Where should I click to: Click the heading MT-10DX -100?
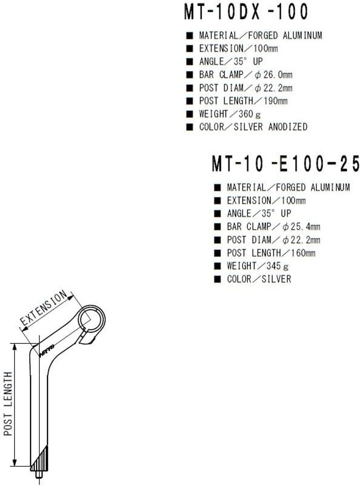coord(246,12)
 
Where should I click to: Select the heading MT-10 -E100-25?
coord(286,164)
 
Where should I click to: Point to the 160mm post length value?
coord(303,253)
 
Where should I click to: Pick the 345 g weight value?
coord(277,266)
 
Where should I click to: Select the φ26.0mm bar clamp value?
coord(273,75)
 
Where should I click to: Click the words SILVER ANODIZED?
coord(270,127)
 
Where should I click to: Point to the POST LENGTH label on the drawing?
coord(8,403)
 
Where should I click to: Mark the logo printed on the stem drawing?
coord(47,350)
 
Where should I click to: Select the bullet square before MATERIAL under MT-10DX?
coord(190,36)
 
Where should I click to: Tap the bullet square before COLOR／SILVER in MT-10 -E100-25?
coord(217,279)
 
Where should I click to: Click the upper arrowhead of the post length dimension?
coord(15,347)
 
